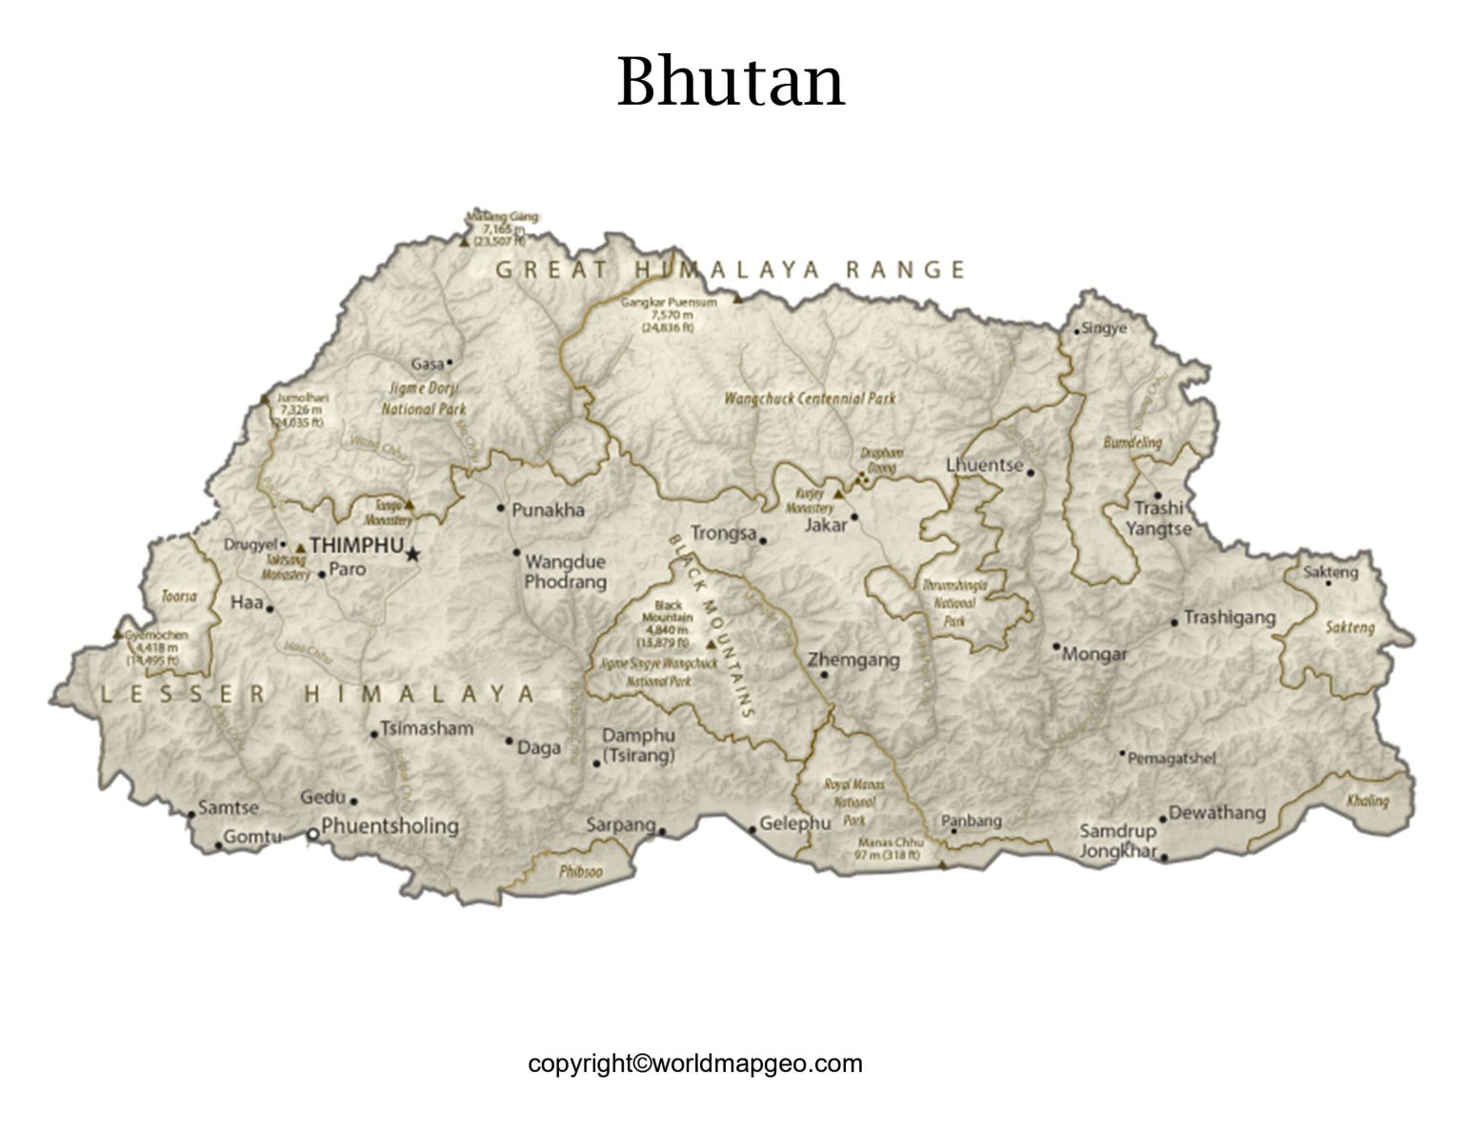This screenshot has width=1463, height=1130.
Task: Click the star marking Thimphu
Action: point(412,553)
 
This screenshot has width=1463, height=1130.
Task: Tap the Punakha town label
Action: point(548,510)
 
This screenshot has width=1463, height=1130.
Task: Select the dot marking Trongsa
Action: point(763,540)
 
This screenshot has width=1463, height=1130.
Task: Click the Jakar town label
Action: point(825,525)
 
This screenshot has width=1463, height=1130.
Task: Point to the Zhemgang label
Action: point(853,660)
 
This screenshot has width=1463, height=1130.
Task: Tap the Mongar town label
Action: point(1094,654)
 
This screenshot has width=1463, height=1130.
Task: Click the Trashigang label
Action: point(1229,618)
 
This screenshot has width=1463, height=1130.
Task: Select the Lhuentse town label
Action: point(984,466)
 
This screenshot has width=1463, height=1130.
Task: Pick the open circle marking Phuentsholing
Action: point(312,834)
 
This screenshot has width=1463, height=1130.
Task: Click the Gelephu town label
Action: point(795,823)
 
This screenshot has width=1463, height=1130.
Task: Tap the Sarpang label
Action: point(621,824)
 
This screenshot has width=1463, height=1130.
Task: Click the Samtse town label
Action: point(229,807)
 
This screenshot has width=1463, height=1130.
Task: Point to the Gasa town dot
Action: point(450,362)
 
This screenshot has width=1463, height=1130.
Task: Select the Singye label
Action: point(1106,328)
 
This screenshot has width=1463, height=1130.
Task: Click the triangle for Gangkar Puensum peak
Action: point(737,299)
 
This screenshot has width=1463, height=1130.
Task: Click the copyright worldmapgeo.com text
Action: point(695,1063)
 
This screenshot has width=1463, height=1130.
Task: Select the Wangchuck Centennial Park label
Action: point(810,399)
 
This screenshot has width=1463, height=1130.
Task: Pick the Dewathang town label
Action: point(1216,812)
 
